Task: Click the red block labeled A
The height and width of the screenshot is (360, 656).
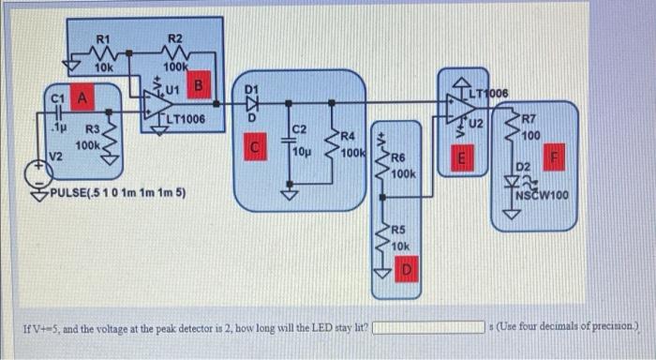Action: tap(82, 97)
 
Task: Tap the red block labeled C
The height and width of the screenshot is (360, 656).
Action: tap(252, 147)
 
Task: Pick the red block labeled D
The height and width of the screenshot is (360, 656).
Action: tap(407, 270)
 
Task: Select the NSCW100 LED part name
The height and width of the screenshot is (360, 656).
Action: tap(542, 196)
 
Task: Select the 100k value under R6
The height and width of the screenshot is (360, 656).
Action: tap(404, 174)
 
